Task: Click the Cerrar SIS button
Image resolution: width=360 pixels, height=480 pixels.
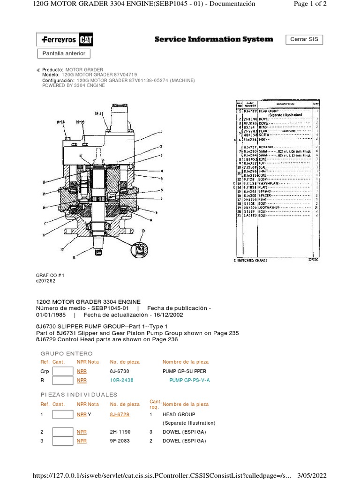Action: (304, 39)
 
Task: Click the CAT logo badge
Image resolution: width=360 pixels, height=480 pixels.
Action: (85, 40)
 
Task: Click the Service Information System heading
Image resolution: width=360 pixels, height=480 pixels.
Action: (213, 39)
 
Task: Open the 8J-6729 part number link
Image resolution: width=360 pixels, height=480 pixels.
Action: (120, 415)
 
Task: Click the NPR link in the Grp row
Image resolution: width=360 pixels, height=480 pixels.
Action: (82, 371)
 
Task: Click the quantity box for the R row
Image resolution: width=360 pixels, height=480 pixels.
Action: (62, 380)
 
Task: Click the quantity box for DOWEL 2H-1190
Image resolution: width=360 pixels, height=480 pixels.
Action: (62, 432)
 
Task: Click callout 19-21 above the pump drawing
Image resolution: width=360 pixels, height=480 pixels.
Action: (98, 113)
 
